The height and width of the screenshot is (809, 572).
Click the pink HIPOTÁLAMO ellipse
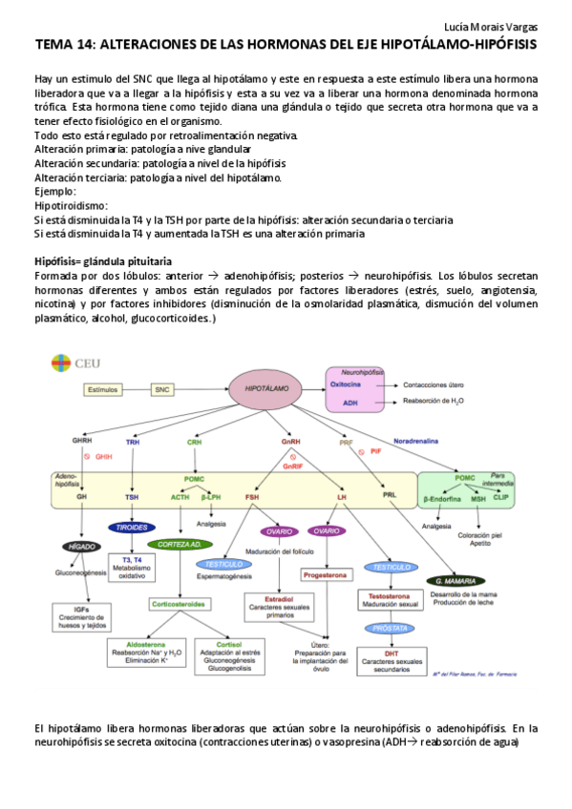point(261,389)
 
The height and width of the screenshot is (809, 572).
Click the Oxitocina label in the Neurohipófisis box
point(346,384)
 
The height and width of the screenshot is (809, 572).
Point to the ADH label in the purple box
point(350,404)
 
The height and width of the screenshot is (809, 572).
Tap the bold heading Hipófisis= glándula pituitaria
point(102,260)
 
